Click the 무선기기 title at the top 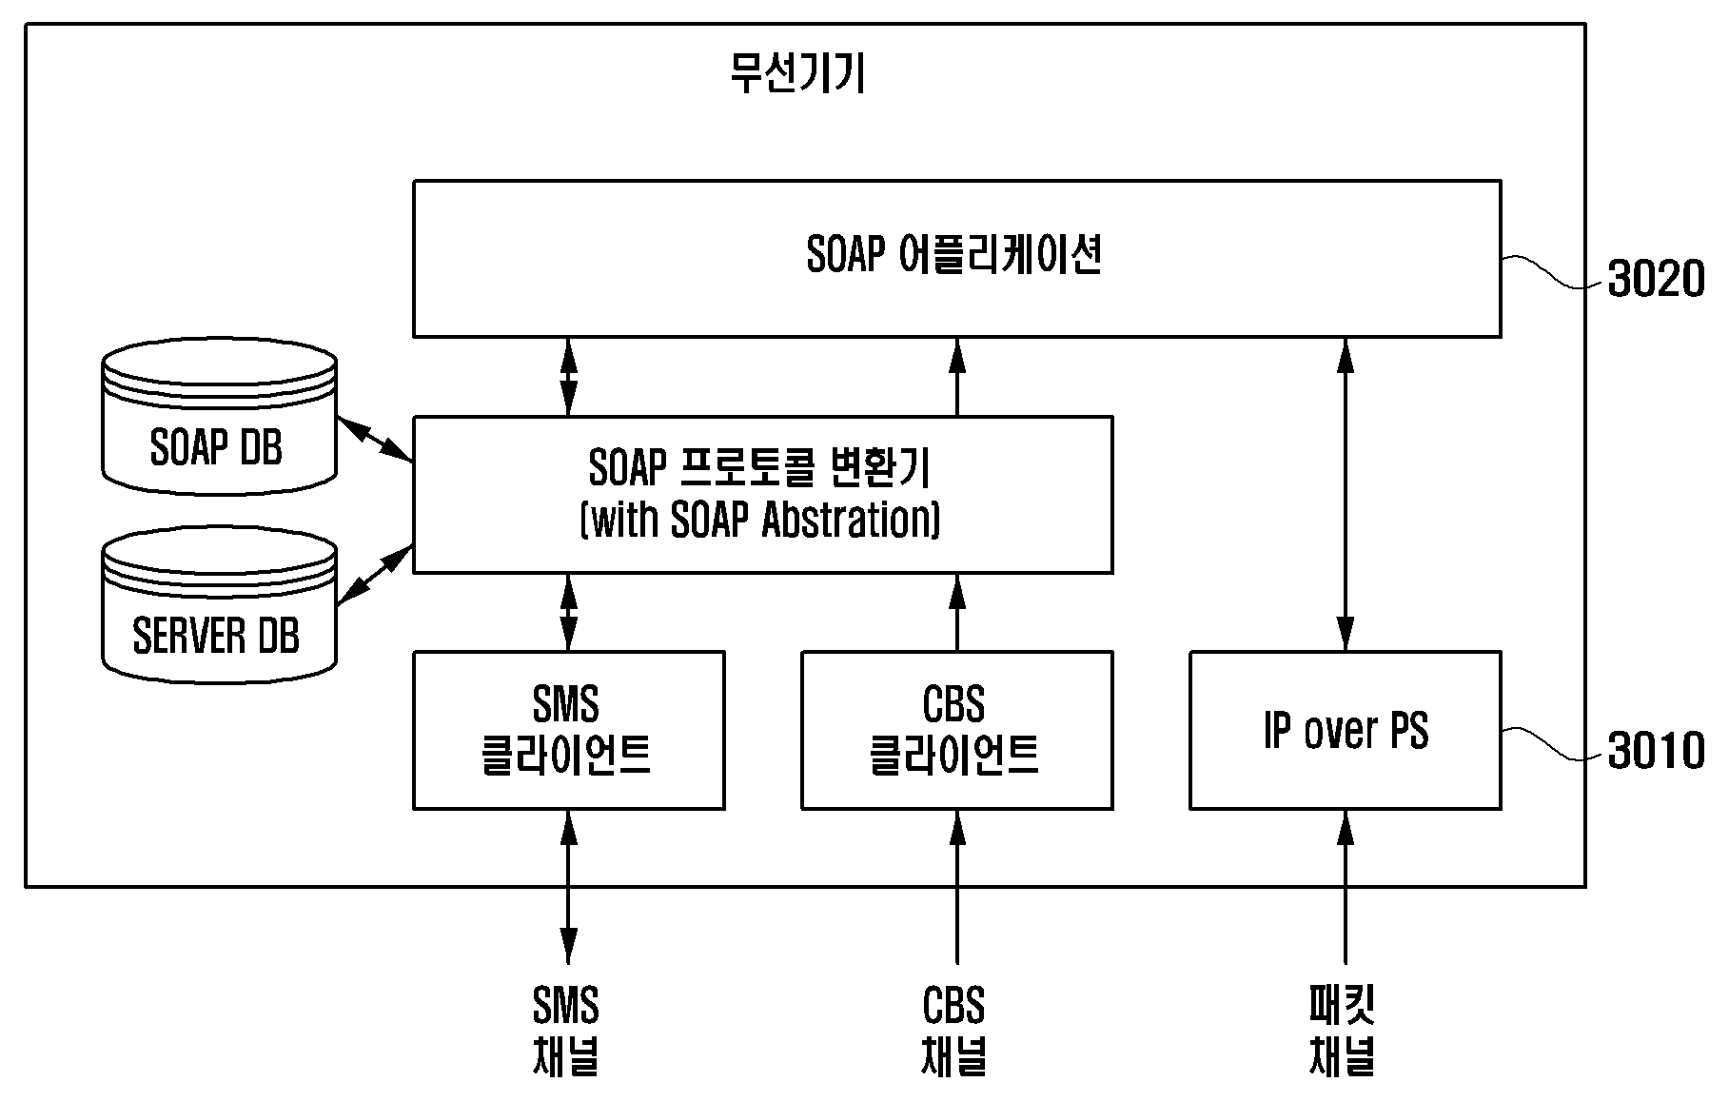797,73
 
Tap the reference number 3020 1656,280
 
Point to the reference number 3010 1656,751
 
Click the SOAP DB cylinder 219,416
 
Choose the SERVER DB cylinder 219,604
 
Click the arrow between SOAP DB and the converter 375,440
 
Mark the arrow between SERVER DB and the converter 375,575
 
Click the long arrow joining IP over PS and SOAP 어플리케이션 1346,494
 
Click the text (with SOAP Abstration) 760,520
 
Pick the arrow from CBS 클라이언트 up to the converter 956,612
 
